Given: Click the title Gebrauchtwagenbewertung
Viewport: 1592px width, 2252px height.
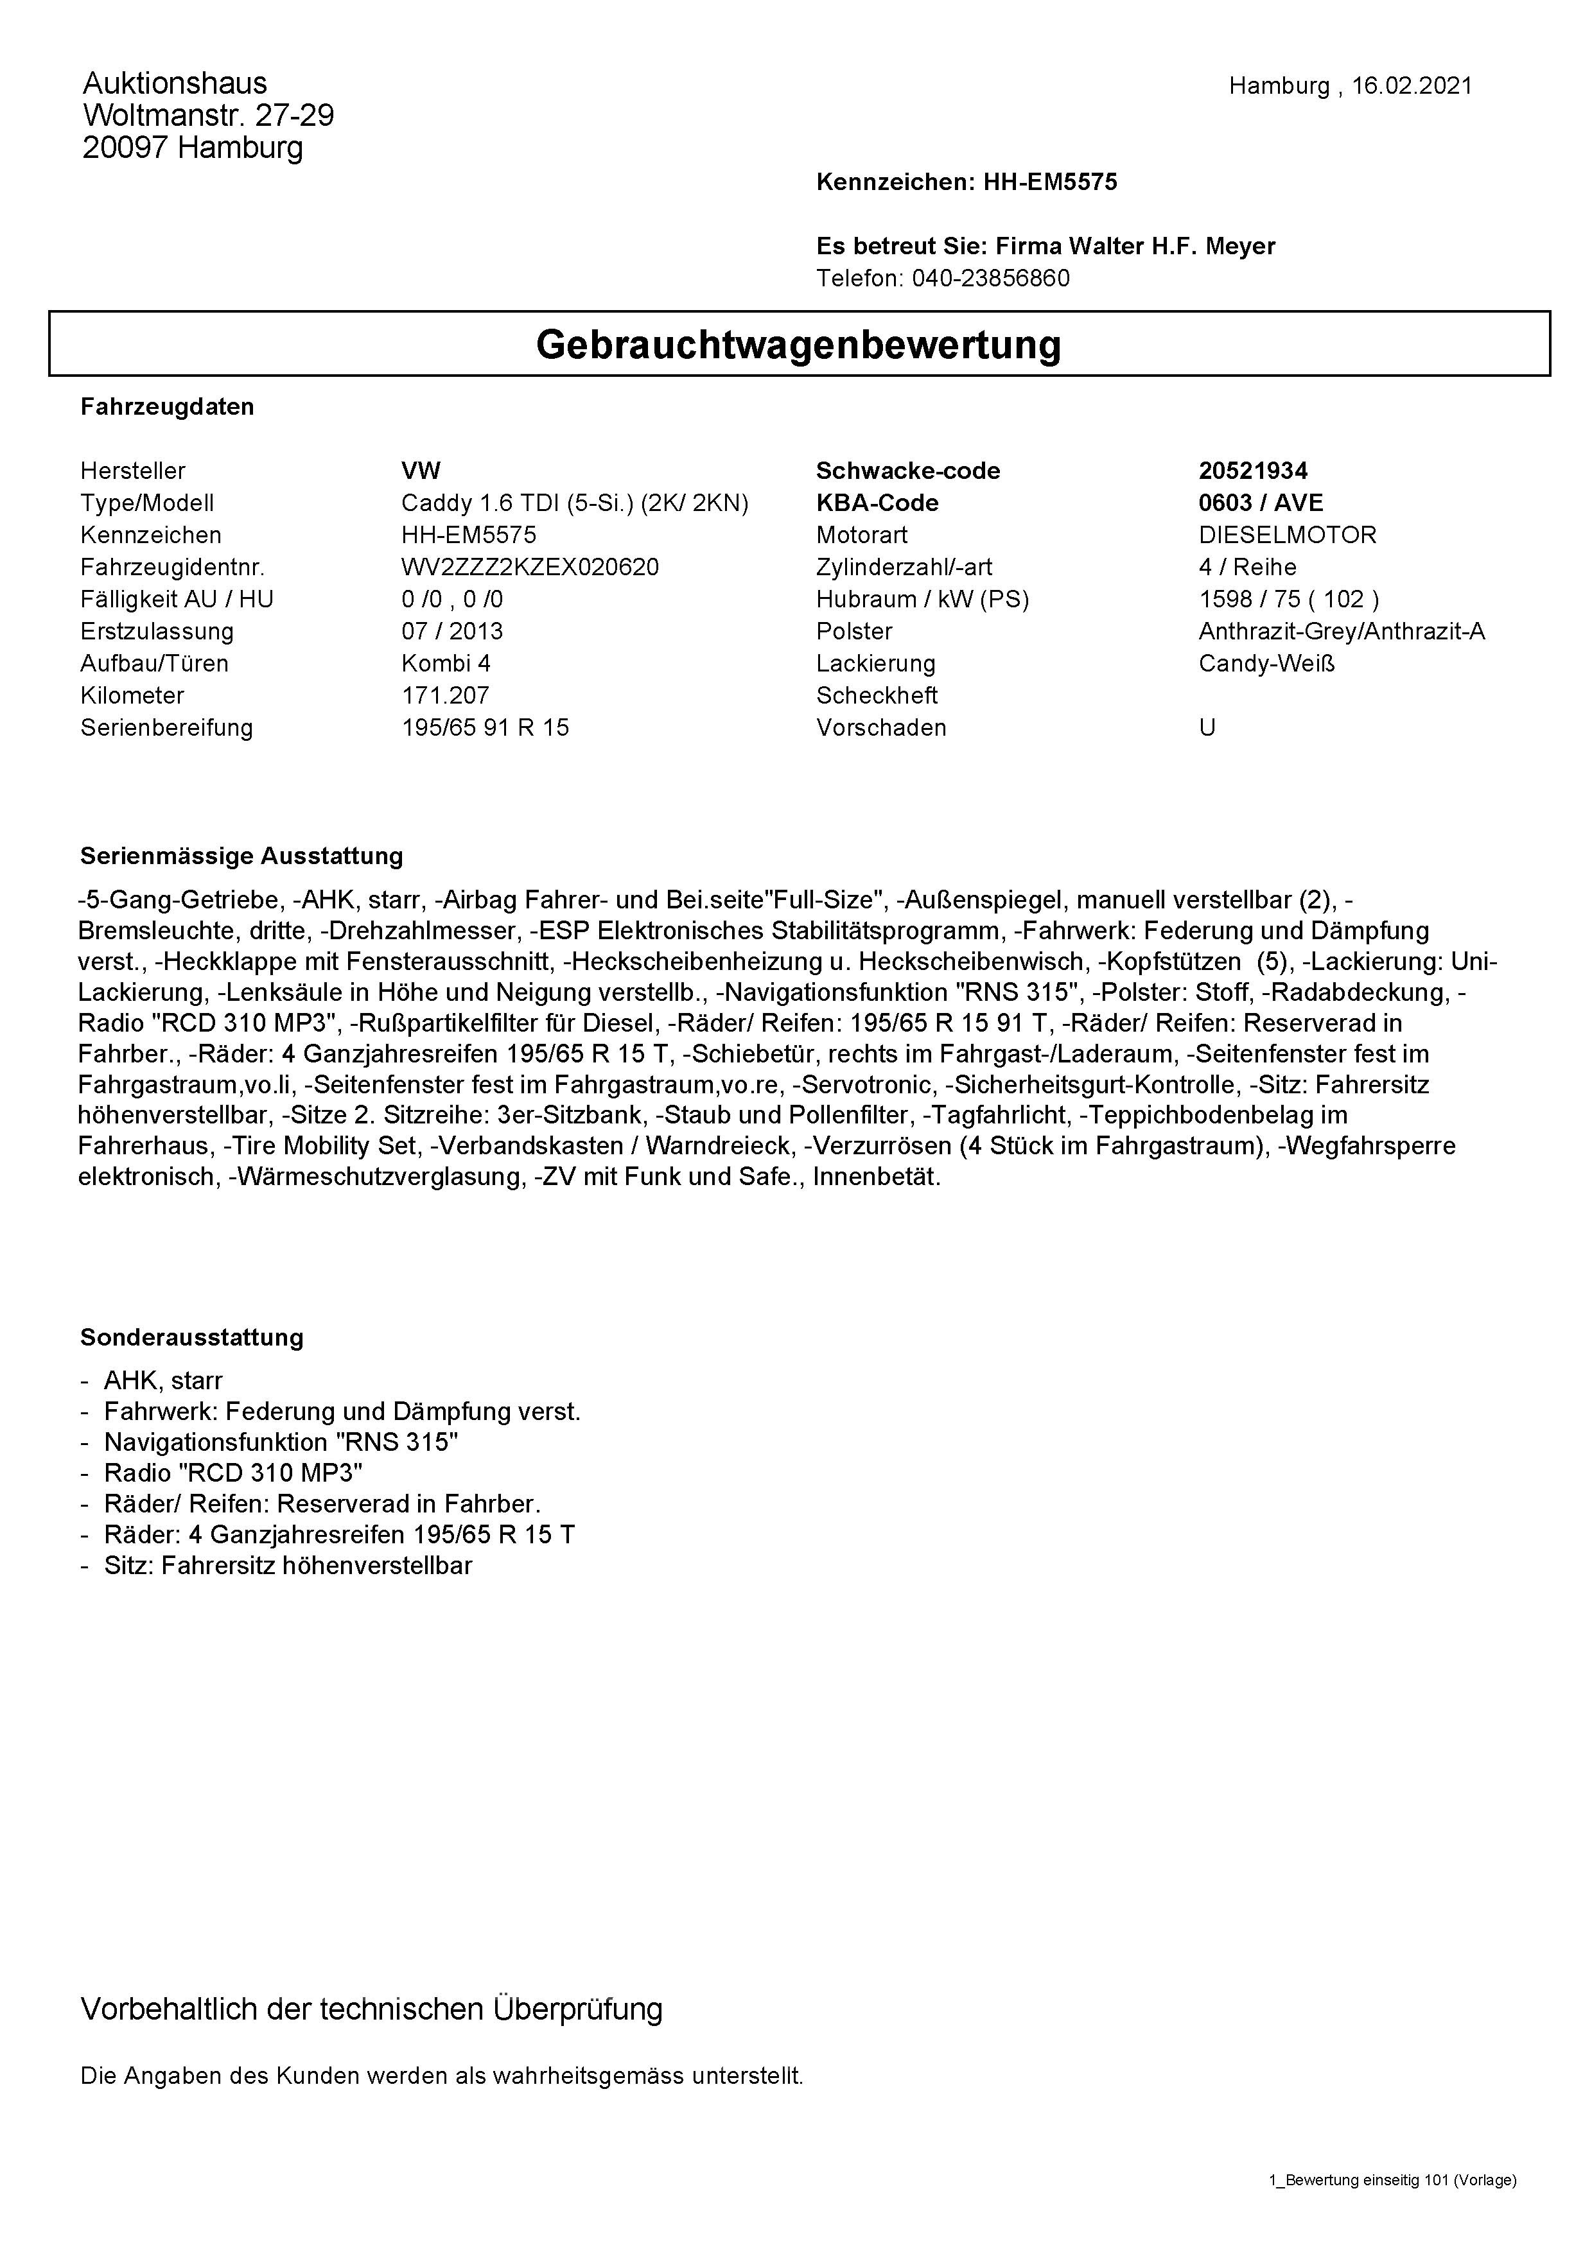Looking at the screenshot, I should click(x=798, y=344).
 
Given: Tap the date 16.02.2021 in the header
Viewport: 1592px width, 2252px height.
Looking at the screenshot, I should click(x=1412, y=86).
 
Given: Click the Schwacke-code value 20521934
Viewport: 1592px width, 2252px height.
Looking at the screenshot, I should click(x=1253, y=471).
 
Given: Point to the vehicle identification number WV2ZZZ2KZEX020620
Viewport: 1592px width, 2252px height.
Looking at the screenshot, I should click(x=530, y=567).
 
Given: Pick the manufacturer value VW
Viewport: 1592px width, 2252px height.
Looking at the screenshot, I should click(x=421, y=471).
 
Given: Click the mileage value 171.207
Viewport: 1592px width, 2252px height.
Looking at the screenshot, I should click(x=444, y=695).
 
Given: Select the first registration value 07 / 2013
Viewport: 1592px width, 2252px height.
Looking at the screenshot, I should click(x=451, y=630).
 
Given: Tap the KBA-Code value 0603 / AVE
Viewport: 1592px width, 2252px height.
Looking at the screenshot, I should click(x=1261, y=503).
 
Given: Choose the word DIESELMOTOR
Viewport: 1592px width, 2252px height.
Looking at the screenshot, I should click(x=1287, y=535).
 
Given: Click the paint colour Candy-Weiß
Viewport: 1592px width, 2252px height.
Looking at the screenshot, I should click(x=1266, y=663).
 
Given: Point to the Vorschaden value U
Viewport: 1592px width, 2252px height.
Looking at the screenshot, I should click(x=1207, y=728).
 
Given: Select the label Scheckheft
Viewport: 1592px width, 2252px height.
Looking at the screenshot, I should click(x=876, y=695).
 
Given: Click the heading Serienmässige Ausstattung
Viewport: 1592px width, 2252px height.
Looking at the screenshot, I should click(x=241, y=856).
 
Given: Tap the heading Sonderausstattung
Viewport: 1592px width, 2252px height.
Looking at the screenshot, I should click(x=191, y=1338).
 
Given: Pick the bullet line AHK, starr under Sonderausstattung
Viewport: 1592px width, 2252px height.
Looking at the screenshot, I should click(x=163, y=1381).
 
